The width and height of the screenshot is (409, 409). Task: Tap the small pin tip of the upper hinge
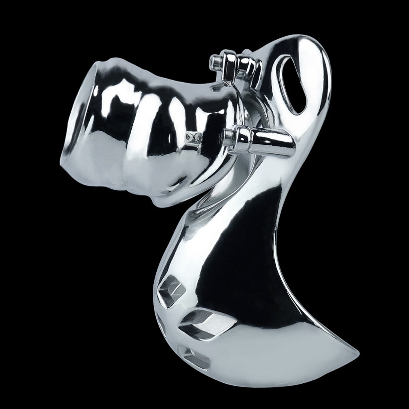[213, 61]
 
